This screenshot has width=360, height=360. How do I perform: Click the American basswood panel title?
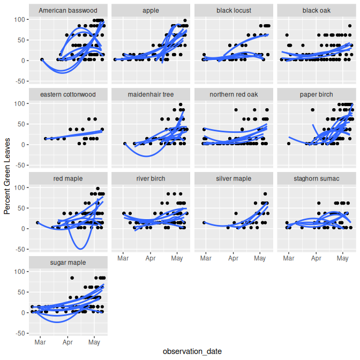(x=67, y=10)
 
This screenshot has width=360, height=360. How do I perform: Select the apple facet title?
(x=151, y=10)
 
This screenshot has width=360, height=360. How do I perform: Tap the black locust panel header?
(x=234, y=10)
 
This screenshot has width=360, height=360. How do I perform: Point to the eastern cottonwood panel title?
(x=67, y=94)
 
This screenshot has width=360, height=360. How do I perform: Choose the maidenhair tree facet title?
(x=151, y=94)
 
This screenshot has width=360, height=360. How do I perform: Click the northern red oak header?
(x=234, y=94)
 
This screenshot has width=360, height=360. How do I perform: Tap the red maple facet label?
(x=67, y=178)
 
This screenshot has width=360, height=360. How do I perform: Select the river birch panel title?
(x=151, y=178)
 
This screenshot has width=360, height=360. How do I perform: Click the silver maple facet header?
(x=234, y=178)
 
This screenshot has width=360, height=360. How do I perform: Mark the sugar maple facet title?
(x=67, y=262)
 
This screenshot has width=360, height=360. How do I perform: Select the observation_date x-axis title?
(x=192, y=351)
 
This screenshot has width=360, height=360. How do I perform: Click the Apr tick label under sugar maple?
(x=67, y=341)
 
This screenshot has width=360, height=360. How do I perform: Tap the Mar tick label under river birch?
(x=123, y=257)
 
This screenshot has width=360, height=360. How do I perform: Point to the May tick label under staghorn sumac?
(x=343, y=257)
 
